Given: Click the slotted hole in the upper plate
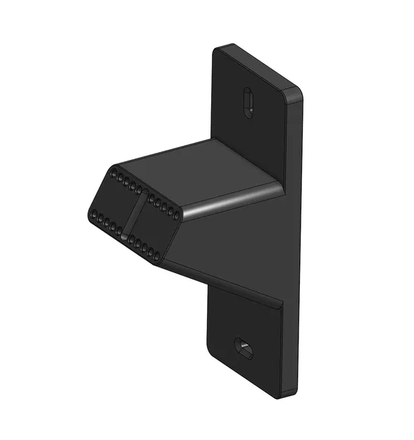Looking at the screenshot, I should point(247,102).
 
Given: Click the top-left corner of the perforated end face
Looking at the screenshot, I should point(113,167).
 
